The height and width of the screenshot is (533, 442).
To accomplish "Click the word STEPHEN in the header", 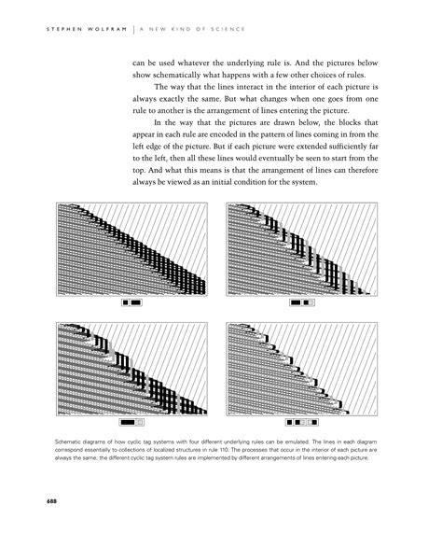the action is (51, 28).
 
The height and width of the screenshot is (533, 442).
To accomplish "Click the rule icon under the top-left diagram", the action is (131, 303).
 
